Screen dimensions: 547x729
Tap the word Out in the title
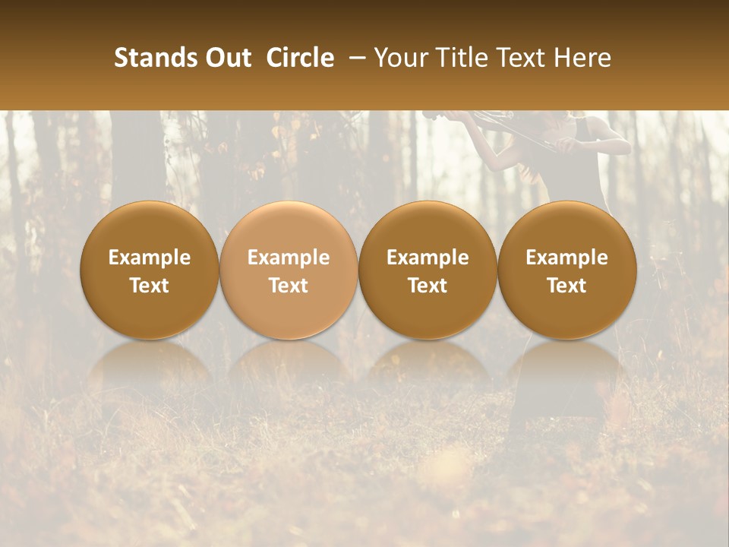point(226,58)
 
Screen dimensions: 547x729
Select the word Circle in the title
point(300,58)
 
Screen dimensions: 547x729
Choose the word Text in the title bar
point(519,58)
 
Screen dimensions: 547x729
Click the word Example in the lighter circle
point(289,258)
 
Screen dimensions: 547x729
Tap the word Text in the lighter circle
point(289,286)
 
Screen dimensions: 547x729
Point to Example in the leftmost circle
point(149,258)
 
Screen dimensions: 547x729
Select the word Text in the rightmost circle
point(567,286)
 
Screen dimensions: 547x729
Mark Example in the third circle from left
point(428,258)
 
